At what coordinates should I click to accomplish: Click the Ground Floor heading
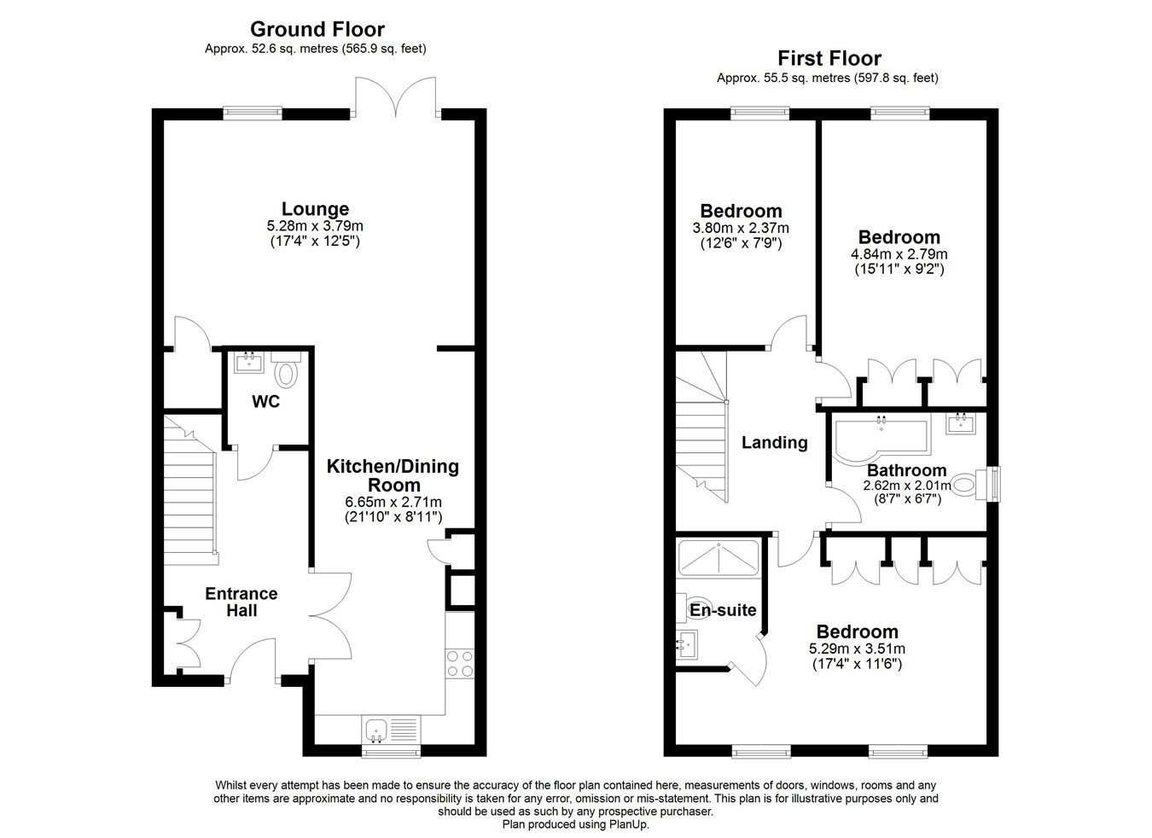(317, 29)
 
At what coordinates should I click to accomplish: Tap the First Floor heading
(829, 58)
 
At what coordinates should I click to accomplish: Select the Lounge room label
(315, 209)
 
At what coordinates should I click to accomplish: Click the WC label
(266, 401)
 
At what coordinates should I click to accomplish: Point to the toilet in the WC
(286, 370)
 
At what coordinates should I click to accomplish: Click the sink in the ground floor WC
(249, 362)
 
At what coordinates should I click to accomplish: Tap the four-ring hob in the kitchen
(460, 664)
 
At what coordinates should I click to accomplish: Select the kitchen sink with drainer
(391, 730)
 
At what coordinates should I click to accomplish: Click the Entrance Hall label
(241, 602)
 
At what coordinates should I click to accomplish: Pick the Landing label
(775, 442)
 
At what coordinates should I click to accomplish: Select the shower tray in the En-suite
(719, 557)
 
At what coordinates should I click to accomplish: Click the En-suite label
(723, 611)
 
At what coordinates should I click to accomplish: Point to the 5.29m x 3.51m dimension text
(858, 649)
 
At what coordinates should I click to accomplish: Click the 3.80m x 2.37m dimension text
(741, 228)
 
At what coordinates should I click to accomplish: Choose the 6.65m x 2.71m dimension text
(393, 502)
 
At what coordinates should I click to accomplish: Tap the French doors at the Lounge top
(396, 96)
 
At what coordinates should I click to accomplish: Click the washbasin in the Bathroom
(961, 424)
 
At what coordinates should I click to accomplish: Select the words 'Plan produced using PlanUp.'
(575, 824)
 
